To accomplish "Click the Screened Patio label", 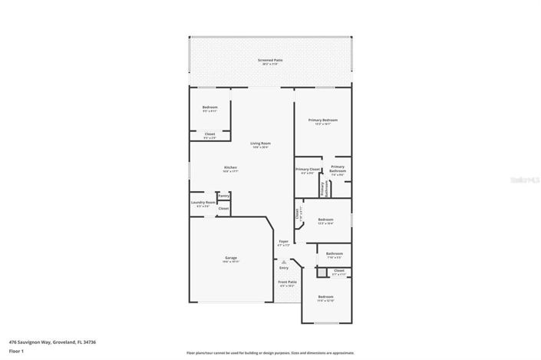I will [x=271, y=59].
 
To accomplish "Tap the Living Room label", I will [x=260, y=143].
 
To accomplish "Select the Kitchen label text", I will [x=230, y=167].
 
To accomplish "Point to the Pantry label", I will [x=223, y=196].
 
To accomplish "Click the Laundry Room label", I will [x=203, y=203].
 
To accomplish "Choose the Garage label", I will [x=230, y=257].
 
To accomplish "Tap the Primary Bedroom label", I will [x=323, y=120].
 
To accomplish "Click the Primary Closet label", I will [x=308, y=169].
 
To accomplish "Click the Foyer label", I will [x=283, y=241].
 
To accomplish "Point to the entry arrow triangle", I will [x=283, y=261].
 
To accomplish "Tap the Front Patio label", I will [x=287, y=282].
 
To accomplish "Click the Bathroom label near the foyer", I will [x=334, y=253].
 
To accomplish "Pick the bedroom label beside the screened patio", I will [x=209, y=107].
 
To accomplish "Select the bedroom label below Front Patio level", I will [x=326, y=296].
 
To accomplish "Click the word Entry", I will [x=283, y=268].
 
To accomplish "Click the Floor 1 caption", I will [x=16, y=351].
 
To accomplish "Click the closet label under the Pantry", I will [x=223, y=209].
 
